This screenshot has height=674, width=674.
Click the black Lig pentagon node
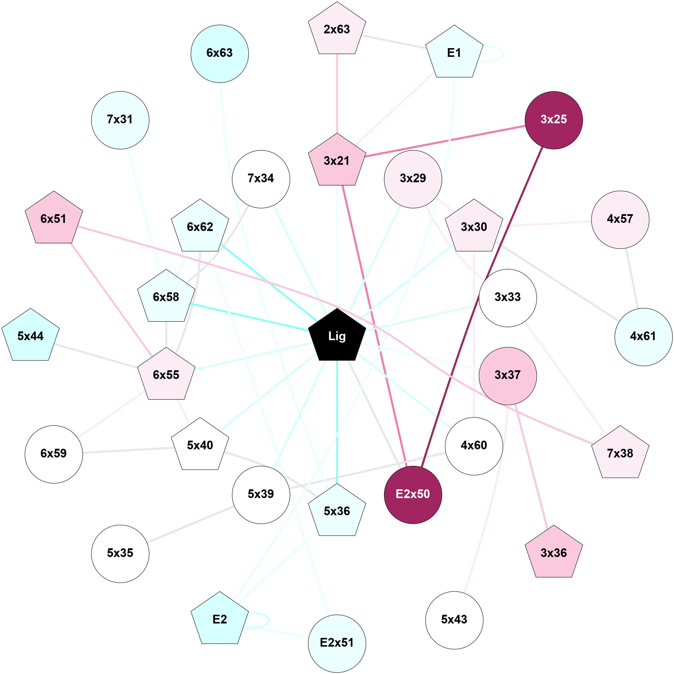tap(337, 336)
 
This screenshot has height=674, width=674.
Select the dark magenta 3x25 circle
tap(554, 120)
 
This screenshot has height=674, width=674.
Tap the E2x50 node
tap(413, 494)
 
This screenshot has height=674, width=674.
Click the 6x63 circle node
tap(220, 54)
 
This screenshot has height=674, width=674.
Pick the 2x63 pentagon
tap(337, 30)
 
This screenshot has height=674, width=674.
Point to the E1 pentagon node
tap(454, 53)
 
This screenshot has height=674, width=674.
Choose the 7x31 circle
tap(120, 120)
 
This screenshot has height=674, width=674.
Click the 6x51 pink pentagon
tap(54, 219)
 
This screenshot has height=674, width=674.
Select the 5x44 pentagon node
tap(31, 336)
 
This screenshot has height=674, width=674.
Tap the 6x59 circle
tap(54, 454)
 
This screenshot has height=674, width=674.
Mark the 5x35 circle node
tap(120, 553)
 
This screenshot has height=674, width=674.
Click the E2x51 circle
tap(337, 643)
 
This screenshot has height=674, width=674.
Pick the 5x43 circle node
tap(454, 620)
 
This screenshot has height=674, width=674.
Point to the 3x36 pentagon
tap(554, 553)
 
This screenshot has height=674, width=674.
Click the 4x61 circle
tap(643, 337)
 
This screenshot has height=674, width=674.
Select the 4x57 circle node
tap(620, 220)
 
